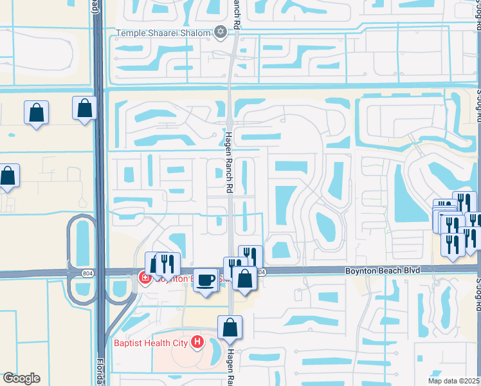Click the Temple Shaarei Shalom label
tap(163, 33)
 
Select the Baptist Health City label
tap(152, 343)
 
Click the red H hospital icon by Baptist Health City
tap(197, 342)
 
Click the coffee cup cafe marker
tap(205, 280)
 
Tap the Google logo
tap(21, 378)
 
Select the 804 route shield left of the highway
tap(87, 273)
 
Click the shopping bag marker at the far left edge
tap(7, 176)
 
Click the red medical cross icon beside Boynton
tap(144, 278)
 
